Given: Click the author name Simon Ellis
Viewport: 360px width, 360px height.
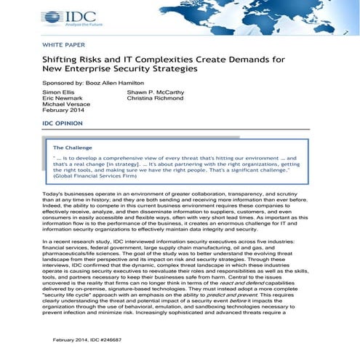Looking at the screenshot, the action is [58, 94].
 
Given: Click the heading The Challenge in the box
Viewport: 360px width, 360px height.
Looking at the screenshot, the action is [73, 148].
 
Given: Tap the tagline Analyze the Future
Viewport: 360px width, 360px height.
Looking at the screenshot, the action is [63, 24].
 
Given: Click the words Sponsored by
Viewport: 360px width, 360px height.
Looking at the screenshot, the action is [61, 84].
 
